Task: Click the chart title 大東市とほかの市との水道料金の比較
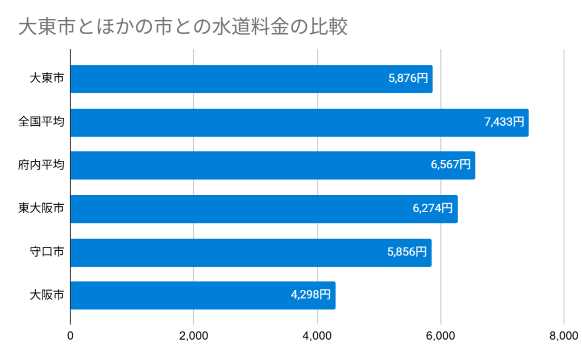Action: (x=182, y=27)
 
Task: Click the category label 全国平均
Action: (x=41, y=122)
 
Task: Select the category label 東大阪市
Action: (x=41, y=209)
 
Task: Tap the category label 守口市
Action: (x=47, y=252)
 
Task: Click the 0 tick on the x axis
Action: (x=70, y=336)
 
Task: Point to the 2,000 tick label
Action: (x=194, y=336)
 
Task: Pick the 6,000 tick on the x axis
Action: (x=440, y=336)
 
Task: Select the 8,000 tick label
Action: (x=563, y=336)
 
